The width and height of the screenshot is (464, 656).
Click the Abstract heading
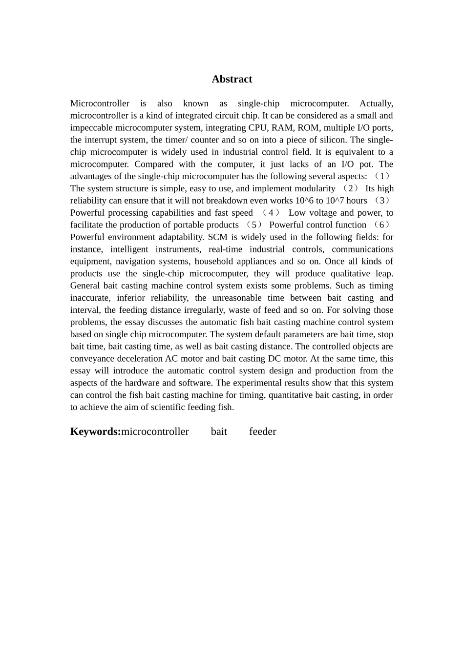pyautogui.click(x=232, y=79)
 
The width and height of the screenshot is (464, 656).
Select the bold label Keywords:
pyautogui.click(x=95, y=431)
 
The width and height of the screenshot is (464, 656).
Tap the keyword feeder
pyautogui.click(x=262, y=431)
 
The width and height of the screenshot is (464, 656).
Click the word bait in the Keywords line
pyautogui.click(x=219, y=431)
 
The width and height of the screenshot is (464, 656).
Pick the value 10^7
pyautogui.click(x=335, y=201)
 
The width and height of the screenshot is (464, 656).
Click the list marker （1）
pyautogui.click(x=382, y=176)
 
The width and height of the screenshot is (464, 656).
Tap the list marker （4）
pyautogui.click(x=271, y=213)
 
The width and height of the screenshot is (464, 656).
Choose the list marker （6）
pyautogui.click(x=381, y=225)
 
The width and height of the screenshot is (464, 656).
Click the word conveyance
pyautogui.click(x=92, y=359)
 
